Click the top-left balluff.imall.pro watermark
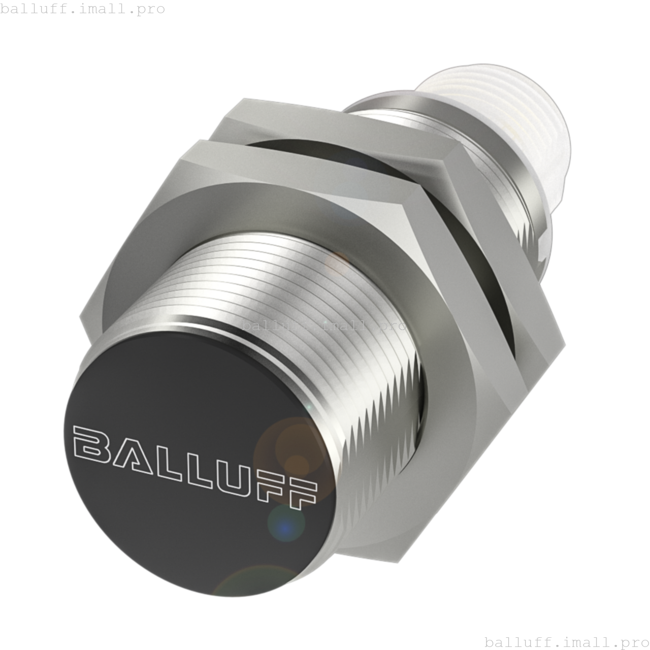(x=82, y=9)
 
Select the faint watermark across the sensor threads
(x=324, y=326)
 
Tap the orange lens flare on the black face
(x=289, y=452)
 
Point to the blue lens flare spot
(x=285, y=523)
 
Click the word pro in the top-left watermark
(x=151, y=9)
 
